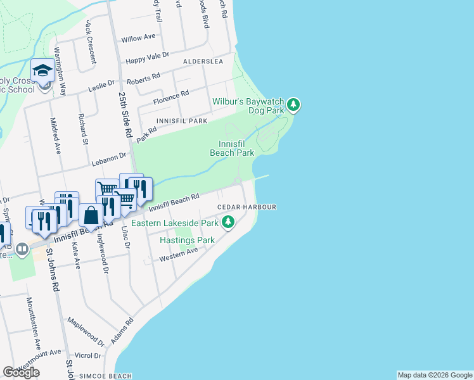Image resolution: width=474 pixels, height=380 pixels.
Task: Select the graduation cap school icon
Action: click(42, 70)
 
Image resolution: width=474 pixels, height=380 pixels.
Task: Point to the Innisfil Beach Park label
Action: click(232, 148)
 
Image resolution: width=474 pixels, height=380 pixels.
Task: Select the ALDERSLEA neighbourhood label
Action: click(203, 61)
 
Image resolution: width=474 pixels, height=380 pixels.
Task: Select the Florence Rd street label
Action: click(171, 98)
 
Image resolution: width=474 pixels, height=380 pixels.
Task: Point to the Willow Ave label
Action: click(138, 38)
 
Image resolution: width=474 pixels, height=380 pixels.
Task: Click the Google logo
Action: click(21, 372)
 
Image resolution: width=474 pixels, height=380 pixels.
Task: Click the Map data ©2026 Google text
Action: click(435, 375)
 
